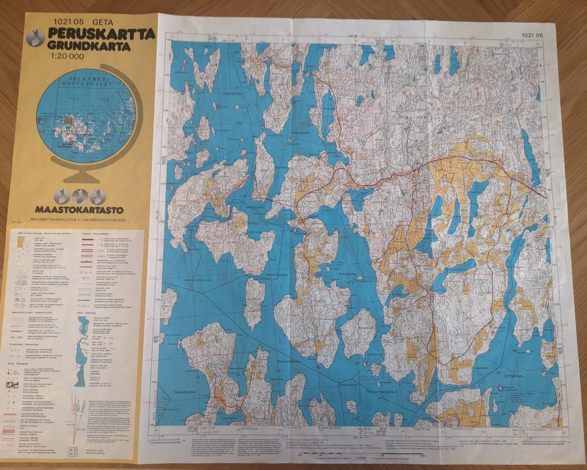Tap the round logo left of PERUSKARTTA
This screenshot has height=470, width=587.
pyautogui.click(x=37, y=38)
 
